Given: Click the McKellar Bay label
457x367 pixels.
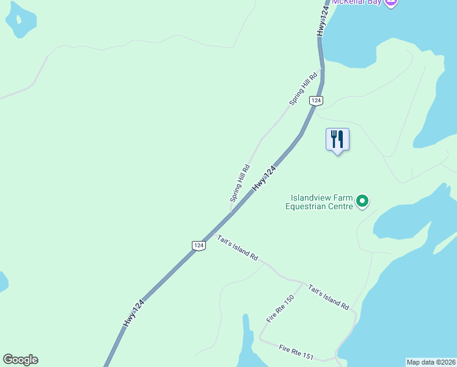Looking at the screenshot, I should (357, 2).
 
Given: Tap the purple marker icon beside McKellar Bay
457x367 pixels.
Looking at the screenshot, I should (392, 2).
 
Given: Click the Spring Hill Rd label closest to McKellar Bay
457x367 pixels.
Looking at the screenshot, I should (304, 89).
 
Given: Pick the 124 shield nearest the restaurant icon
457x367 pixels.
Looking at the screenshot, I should (315, 100).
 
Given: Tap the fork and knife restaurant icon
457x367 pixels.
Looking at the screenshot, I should (337, 139).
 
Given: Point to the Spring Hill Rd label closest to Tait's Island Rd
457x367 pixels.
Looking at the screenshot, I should (240, 183).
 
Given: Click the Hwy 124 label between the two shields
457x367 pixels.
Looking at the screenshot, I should (269, 177).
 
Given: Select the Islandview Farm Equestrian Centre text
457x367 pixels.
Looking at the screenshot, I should (321, 202).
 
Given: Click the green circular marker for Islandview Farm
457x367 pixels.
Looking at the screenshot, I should (362, 201).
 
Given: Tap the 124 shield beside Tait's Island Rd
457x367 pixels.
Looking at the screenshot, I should (198, 245).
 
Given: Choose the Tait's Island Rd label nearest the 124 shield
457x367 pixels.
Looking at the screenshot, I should (238, 248).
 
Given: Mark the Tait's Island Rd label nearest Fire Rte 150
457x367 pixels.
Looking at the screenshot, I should (328, 297).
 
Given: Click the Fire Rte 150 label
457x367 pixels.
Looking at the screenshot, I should (280, 308).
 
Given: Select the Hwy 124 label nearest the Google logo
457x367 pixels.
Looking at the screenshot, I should (134, 314).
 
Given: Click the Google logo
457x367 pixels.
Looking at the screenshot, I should (20, 360).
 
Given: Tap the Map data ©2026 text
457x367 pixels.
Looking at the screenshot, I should (431, 362).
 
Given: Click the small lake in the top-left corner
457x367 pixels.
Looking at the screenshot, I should (20, 18).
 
